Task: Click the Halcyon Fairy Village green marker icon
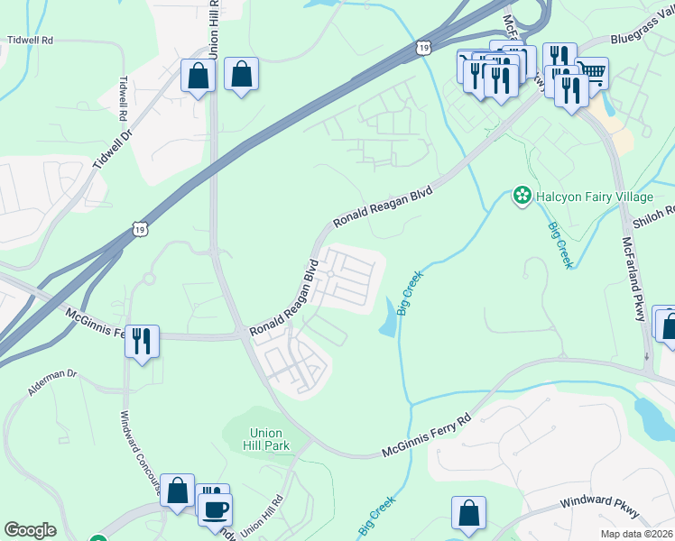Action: (521, 196)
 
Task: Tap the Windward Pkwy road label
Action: (599, 506)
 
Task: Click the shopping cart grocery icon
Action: (592, 72)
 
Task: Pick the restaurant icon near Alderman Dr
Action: (142, 341)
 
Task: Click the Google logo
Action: (30, 530)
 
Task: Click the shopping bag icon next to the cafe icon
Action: (178, 491)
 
